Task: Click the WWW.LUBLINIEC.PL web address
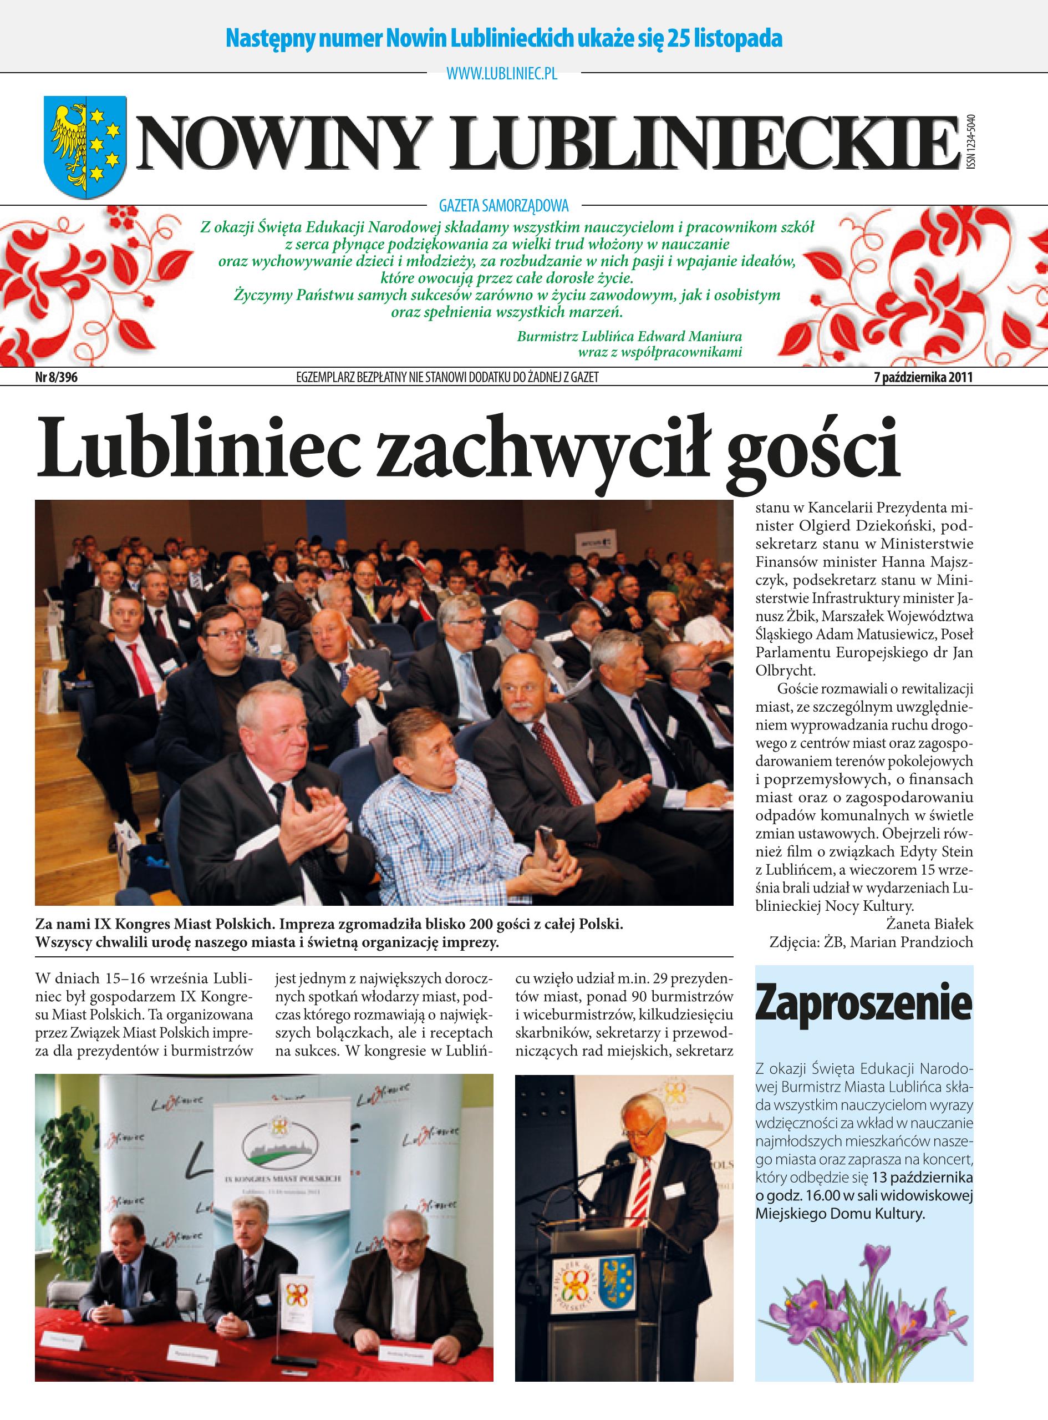[502, 74]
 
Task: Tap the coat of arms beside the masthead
[84, 146]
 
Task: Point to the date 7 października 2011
[923, 378]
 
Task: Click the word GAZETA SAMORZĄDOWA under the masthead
[503, 206]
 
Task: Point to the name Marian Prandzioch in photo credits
[911, 942]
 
